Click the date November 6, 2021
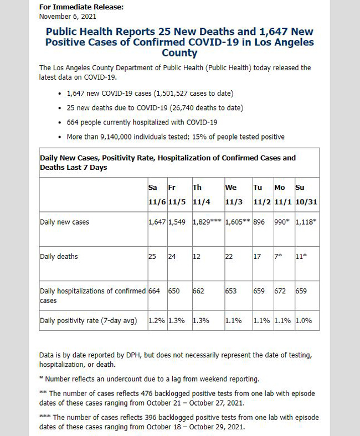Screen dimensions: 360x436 (x=68, y=17)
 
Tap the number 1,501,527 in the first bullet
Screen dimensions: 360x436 (x=172, y=94)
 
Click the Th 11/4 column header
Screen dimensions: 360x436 (x=201, y=195)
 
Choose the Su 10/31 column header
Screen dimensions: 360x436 (x=306, y=195)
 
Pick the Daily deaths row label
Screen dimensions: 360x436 (x=59, y=256)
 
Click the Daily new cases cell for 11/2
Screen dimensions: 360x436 (x=259, y=222)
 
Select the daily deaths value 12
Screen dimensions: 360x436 (x=196, y=256)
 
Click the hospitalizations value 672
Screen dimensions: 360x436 (x=280, y=291)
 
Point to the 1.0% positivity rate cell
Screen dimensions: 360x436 (x=304, y=320)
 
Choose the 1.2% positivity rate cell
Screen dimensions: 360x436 (x=157, y=320)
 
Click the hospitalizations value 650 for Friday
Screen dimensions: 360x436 (x=174, y=291)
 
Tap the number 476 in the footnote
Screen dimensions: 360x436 (x=146, y=393)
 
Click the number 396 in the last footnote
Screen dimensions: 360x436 (x=150, y=417)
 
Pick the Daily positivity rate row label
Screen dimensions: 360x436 (x=89, y=320)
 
